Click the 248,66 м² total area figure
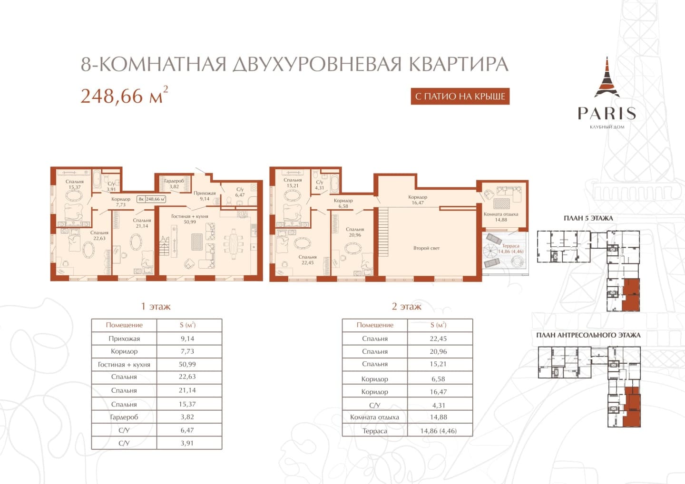(124, 96)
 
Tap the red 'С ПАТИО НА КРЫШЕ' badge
(460, 96)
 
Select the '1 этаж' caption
(156, 306)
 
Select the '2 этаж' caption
(406, 306)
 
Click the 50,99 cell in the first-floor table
(187, 364)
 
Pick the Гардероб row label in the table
(124, 417)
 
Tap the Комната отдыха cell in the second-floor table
(375, 417)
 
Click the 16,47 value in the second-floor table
(438, 392)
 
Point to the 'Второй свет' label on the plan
(426, 248)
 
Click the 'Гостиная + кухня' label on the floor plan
(190, 216)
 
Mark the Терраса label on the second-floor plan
(510, 246)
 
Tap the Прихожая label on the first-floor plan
(205, 193)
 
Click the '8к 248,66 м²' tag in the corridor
(151, 199)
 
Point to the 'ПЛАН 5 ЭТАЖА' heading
(588, 218)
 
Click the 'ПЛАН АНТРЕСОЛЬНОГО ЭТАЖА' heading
(588, 335)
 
